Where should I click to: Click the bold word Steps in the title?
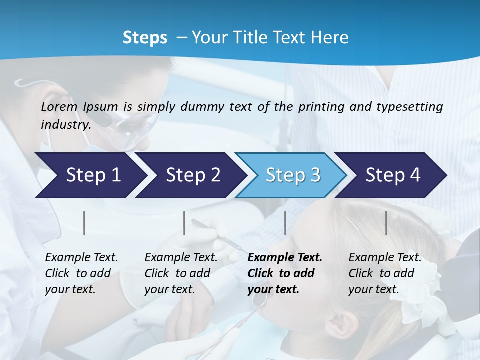pyautogui.click(x=145, y=38)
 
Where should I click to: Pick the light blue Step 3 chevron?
pyautogui.click(x=293, y=175)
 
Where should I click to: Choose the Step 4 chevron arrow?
pyautogui.click(x=393, y=175)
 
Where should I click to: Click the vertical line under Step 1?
pyautogui.click(x=84, y=223)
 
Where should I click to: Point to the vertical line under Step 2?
pyautogui.click(x=184, y=223)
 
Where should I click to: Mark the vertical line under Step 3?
pyautogui.click(x=285, y=223)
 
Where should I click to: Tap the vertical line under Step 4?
pyautogui.click(x=386, y=223)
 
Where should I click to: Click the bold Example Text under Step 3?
pyautogui.click(x=285, y=258)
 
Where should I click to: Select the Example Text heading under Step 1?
pyautogui.click(x=81, y=258)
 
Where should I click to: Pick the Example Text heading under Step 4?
pyautogui.click(x=385, y=258)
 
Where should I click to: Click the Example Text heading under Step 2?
pyautogui.click(x=181, y=258)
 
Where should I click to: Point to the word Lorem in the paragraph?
pyautogui.click(x=59, y=106)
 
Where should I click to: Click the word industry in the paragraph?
pyautogui.click(x=65, y=125)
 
